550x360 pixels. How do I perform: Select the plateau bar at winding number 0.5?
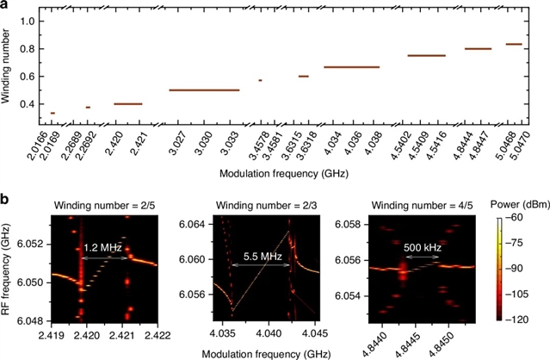tap(204, 90)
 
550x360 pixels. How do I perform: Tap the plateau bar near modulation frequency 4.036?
tap(351, 66)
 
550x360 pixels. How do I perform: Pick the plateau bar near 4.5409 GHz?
tap(426, 55)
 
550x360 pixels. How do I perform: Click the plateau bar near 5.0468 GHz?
tap(513, 44)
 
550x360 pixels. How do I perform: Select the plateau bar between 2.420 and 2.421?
tap(127, 103)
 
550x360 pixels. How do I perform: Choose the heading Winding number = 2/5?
tap(98, 204)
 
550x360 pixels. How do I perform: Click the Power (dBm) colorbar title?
tap(513, 205)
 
